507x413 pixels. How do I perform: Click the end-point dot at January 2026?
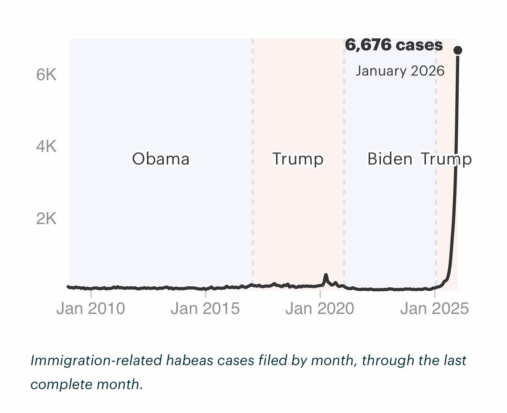[458, 50]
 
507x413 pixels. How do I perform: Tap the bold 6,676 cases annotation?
[393, 45]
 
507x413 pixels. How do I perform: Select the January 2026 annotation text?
[400, 71]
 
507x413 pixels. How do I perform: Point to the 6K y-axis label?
[46, 75]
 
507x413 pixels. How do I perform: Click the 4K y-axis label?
[46, 146]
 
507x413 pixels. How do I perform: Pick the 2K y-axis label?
[46, 219]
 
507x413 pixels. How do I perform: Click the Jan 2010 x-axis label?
[91, 308]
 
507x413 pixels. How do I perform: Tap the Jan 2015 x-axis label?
[205, 308]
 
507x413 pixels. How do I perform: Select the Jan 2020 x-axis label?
[320, 308]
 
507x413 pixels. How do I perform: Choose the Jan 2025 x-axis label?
[434, 308]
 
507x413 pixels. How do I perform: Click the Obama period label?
[161, 159]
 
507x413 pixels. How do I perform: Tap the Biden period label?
[390, 159]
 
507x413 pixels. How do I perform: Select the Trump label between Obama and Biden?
[298, 159]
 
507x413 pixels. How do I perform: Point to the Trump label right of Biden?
[446, 159]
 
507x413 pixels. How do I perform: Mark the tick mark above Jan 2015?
[205, 294]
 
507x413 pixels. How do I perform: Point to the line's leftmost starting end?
[69, 287]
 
